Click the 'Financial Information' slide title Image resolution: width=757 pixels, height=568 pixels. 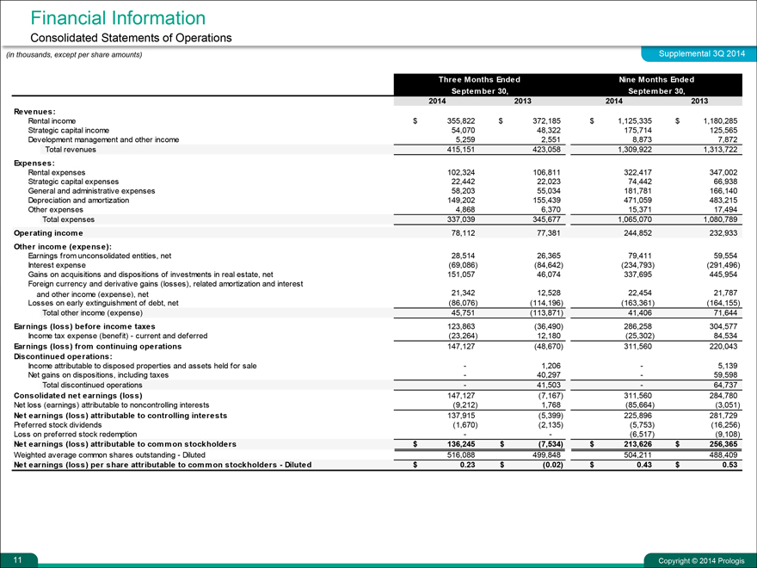click(x=118, y=17)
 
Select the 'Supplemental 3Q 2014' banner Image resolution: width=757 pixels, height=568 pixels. click(x=701, y=55)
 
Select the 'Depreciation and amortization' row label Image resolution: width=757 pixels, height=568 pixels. click(x=78, y=200)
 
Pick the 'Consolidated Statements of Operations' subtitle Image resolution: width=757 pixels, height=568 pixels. click(x=131, y=38)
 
